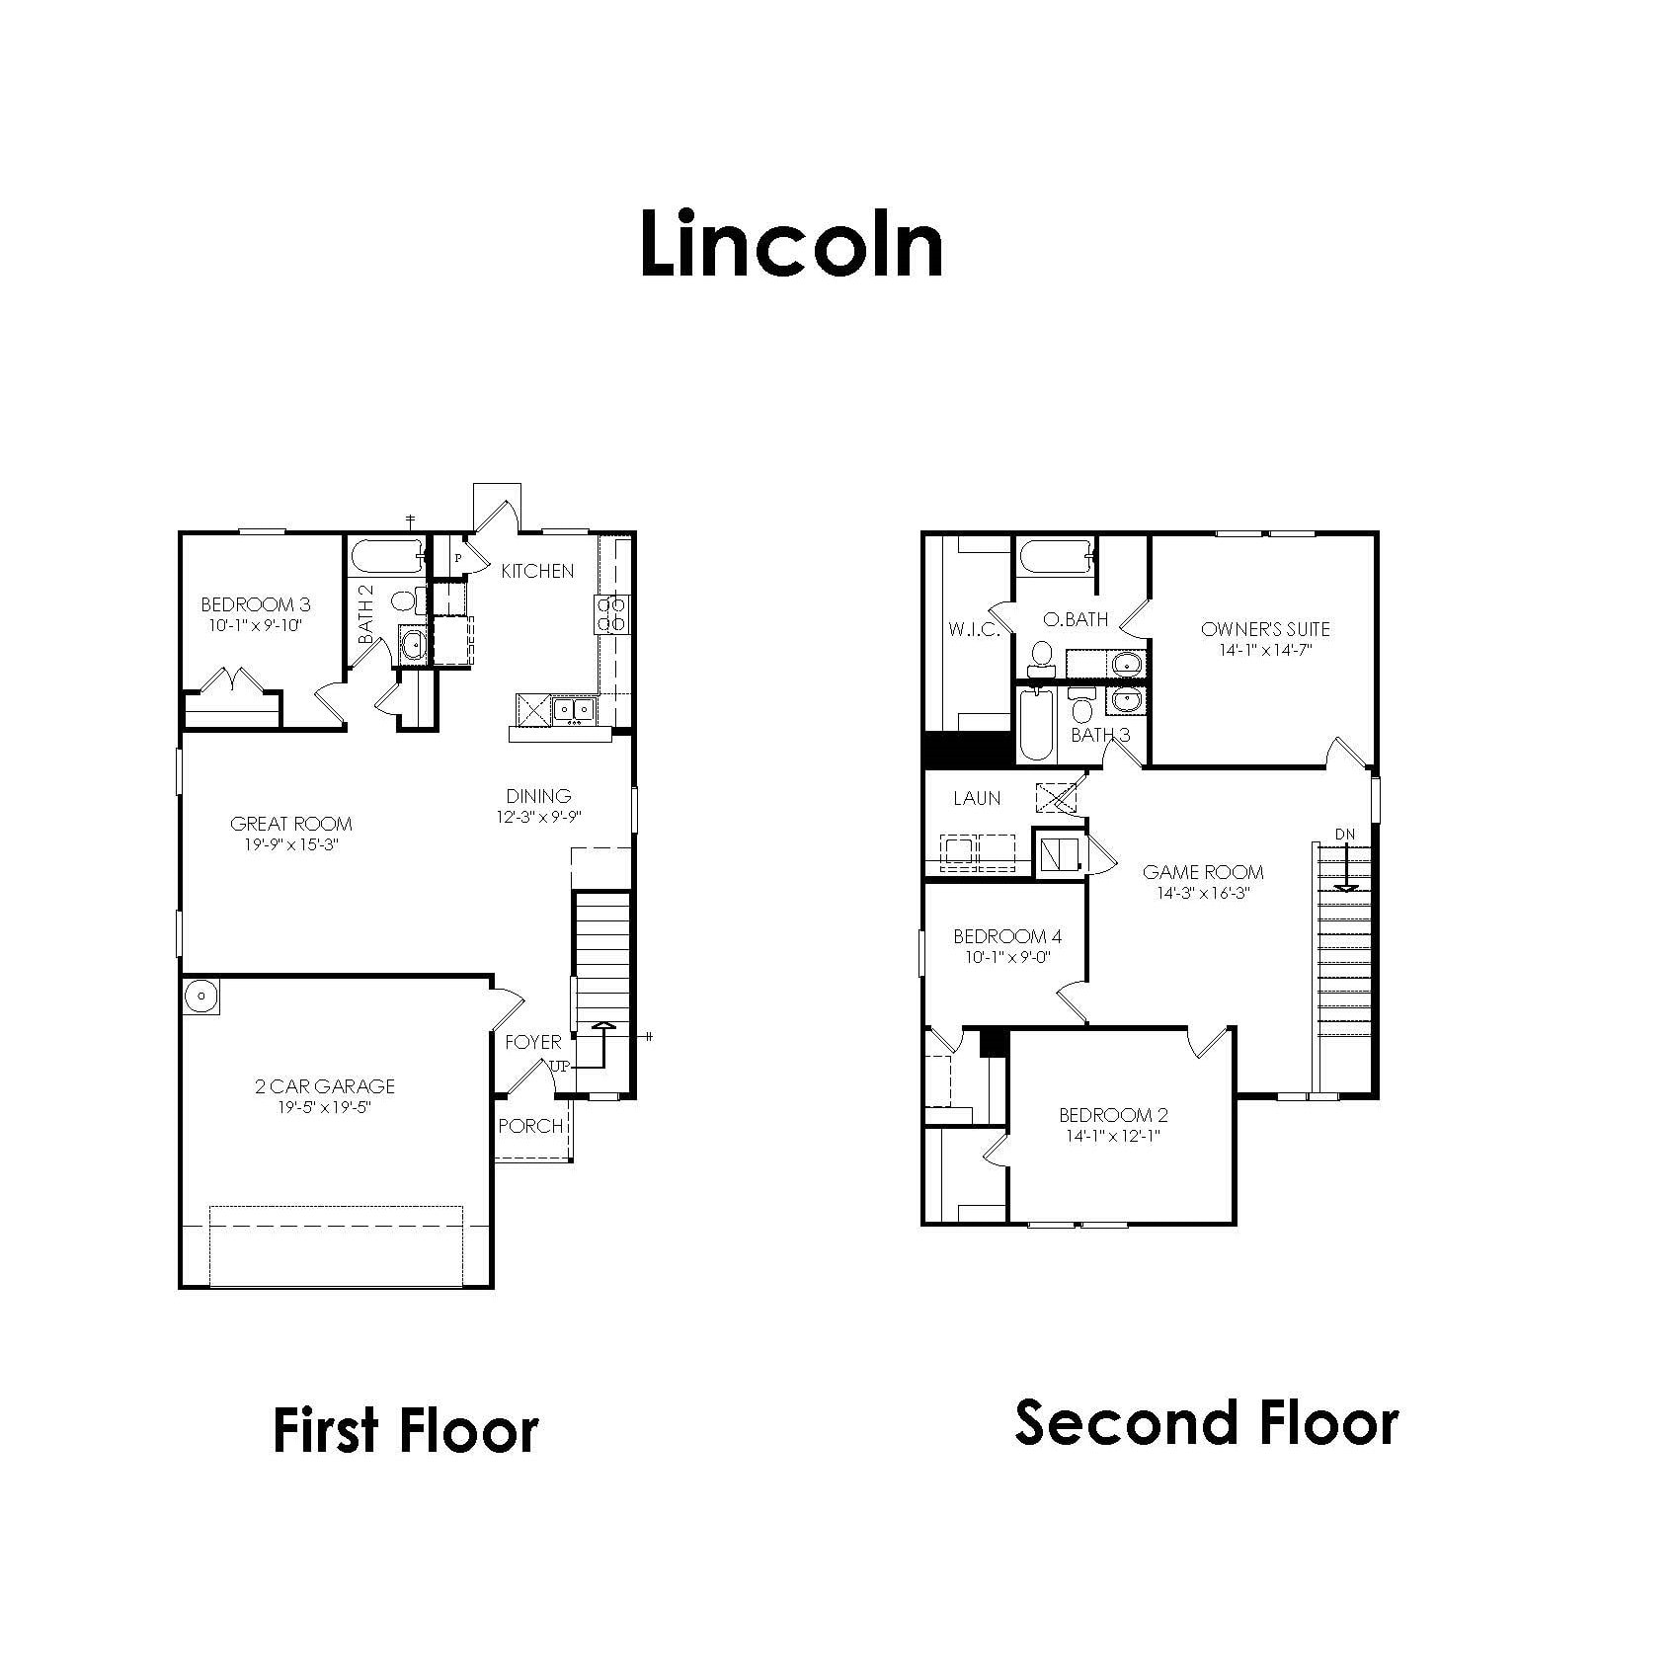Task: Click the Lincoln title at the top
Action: [x=791, y=245]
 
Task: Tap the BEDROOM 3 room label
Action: [x=255, y=604]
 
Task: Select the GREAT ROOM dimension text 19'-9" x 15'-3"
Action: [x=291, y=845]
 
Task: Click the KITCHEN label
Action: [x=537, y=571]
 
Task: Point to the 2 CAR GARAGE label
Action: [x=324, y=1086]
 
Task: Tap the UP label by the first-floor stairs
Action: [x=560, y=1067]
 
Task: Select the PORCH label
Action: [x=530, y=1126]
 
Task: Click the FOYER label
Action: [x=532, y=1042]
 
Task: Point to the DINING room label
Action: [x=538, y=796]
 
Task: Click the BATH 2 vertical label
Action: [x=366, y=614]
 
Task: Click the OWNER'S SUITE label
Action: [x=1265, y=629]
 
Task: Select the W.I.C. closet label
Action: [x=974, y=629]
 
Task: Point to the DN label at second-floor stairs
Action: [x=1345, y=835]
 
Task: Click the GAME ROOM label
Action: [x=1203, y=872]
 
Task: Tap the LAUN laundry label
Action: [x=977, y=798]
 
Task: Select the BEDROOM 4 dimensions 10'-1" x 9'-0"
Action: [x=1007, y=957]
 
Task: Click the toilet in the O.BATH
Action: [x=1041, y=656]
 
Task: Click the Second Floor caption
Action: [x=1206, y=1423]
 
